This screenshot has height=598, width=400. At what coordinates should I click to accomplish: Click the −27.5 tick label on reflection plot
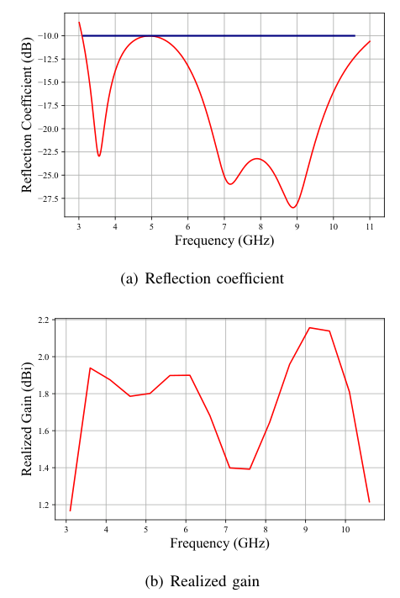pos(48,198)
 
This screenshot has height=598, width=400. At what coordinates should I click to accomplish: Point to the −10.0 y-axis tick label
pos(48,36)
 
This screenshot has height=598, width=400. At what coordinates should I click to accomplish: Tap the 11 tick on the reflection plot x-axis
pos(370,226)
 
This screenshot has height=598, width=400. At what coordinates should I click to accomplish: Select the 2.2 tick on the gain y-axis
pos(45,320)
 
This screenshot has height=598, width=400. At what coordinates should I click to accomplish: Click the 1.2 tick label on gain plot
pos(45,505)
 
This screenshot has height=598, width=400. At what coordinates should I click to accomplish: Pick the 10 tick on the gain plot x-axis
pos(345,529)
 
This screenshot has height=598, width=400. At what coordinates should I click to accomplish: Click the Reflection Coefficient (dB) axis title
pos(26,114)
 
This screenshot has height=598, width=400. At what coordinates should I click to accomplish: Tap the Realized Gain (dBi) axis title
pos(26,419)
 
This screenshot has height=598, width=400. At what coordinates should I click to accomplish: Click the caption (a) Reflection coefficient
pos(202,278)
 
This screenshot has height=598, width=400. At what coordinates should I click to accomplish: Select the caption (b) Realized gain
pos(203,581)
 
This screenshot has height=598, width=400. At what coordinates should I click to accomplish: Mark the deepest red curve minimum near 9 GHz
pos(293,208)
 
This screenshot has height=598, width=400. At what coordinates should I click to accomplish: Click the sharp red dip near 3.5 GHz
pos(99,156)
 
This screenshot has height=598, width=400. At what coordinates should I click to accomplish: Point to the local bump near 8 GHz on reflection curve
pos(257,159)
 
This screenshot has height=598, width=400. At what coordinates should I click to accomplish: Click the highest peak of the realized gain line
pos(309,328)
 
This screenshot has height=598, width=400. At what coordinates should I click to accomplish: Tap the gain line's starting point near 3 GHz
pos(70,511)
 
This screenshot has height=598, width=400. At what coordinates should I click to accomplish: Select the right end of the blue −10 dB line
pos(355,36)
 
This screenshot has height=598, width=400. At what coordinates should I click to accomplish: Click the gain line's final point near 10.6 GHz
pos(369,502)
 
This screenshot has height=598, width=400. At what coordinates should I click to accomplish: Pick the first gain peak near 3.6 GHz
pos(90,368)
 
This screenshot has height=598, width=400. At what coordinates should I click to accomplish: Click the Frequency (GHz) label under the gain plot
pos(219,543)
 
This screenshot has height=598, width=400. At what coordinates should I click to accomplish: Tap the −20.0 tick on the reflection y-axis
pos(48,129)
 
